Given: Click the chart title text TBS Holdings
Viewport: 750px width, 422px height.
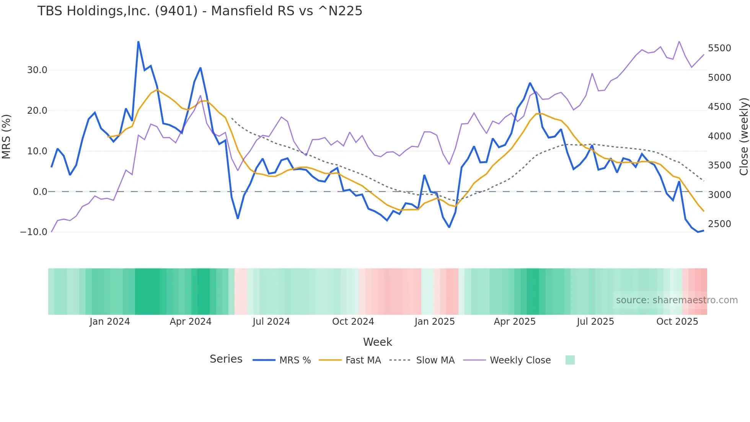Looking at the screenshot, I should (200, 11).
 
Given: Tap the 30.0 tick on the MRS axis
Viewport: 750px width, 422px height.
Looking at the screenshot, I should (37, 70).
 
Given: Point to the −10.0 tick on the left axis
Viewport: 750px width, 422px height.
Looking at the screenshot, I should (34, 232).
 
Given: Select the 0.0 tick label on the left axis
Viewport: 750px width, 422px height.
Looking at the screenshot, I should (40, 191).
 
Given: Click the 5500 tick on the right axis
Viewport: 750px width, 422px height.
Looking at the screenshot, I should (719, 48).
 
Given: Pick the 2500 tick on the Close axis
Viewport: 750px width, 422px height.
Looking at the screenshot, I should (719, 224).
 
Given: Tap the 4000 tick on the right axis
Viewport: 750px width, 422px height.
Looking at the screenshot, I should (719, 136).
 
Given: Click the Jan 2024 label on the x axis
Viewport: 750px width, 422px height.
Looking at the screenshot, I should (110, 322).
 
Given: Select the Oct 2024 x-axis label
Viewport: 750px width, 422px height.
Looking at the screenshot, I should (353, 322).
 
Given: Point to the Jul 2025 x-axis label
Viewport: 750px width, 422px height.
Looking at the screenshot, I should (595, 322).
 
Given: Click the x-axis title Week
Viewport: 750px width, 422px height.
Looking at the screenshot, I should (377, 342).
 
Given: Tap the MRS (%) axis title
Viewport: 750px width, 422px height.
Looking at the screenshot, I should (7, 137).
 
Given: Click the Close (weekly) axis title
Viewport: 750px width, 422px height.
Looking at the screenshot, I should (743, 137).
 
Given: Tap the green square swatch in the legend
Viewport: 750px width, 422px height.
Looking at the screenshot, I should (570, 360).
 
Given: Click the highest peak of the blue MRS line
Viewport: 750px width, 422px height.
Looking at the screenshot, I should (138, 42).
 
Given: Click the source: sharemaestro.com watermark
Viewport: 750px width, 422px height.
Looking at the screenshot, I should (677, 300).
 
